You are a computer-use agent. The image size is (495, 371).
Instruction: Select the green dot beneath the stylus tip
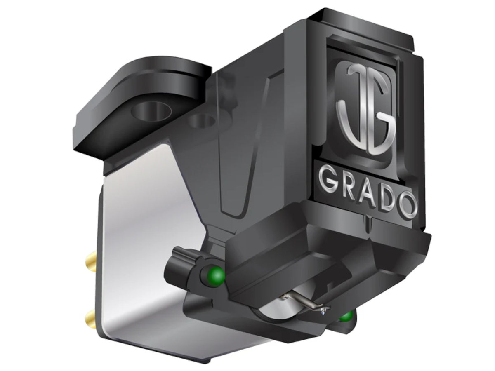coord(346,316)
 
